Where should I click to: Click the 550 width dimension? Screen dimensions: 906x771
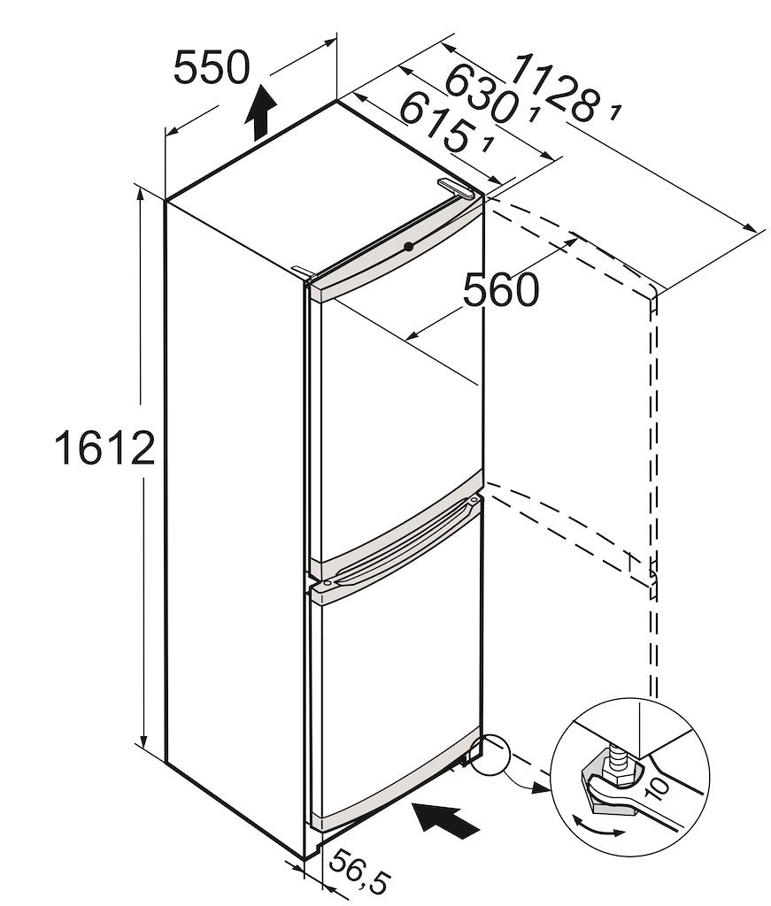pos(211,68)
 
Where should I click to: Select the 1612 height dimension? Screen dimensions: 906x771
pos(104,449)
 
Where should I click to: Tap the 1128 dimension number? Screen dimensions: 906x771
pos(555,87)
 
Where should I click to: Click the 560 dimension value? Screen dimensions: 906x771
pos(500,289)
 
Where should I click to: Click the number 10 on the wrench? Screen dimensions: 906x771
pos(658,781)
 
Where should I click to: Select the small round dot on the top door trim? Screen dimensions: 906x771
pos(407,246)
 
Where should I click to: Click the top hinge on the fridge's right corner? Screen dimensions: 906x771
pos(458,187)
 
